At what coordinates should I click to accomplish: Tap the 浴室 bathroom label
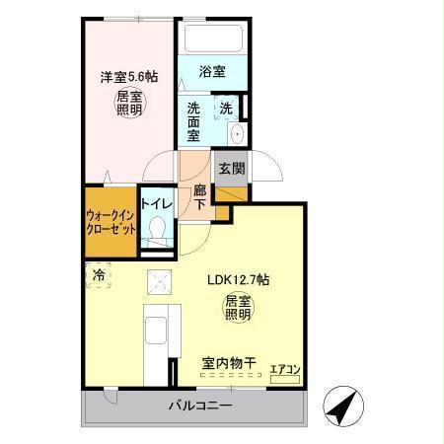click(212, 72)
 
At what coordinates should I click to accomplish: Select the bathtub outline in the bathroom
click(213, 41)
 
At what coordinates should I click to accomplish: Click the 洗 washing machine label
click(226, 109)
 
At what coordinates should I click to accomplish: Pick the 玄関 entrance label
click(232, 168)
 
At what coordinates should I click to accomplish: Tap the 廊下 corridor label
click(200, 196)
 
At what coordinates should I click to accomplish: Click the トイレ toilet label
click(158, 204)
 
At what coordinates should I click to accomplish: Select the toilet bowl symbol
click(157, 230)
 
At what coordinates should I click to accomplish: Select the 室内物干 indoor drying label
click(229, 364)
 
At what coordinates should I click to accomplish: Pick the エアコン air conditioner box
click(286, 370)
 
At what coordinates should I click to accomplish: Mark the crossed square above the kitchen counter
click(158, 282)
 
